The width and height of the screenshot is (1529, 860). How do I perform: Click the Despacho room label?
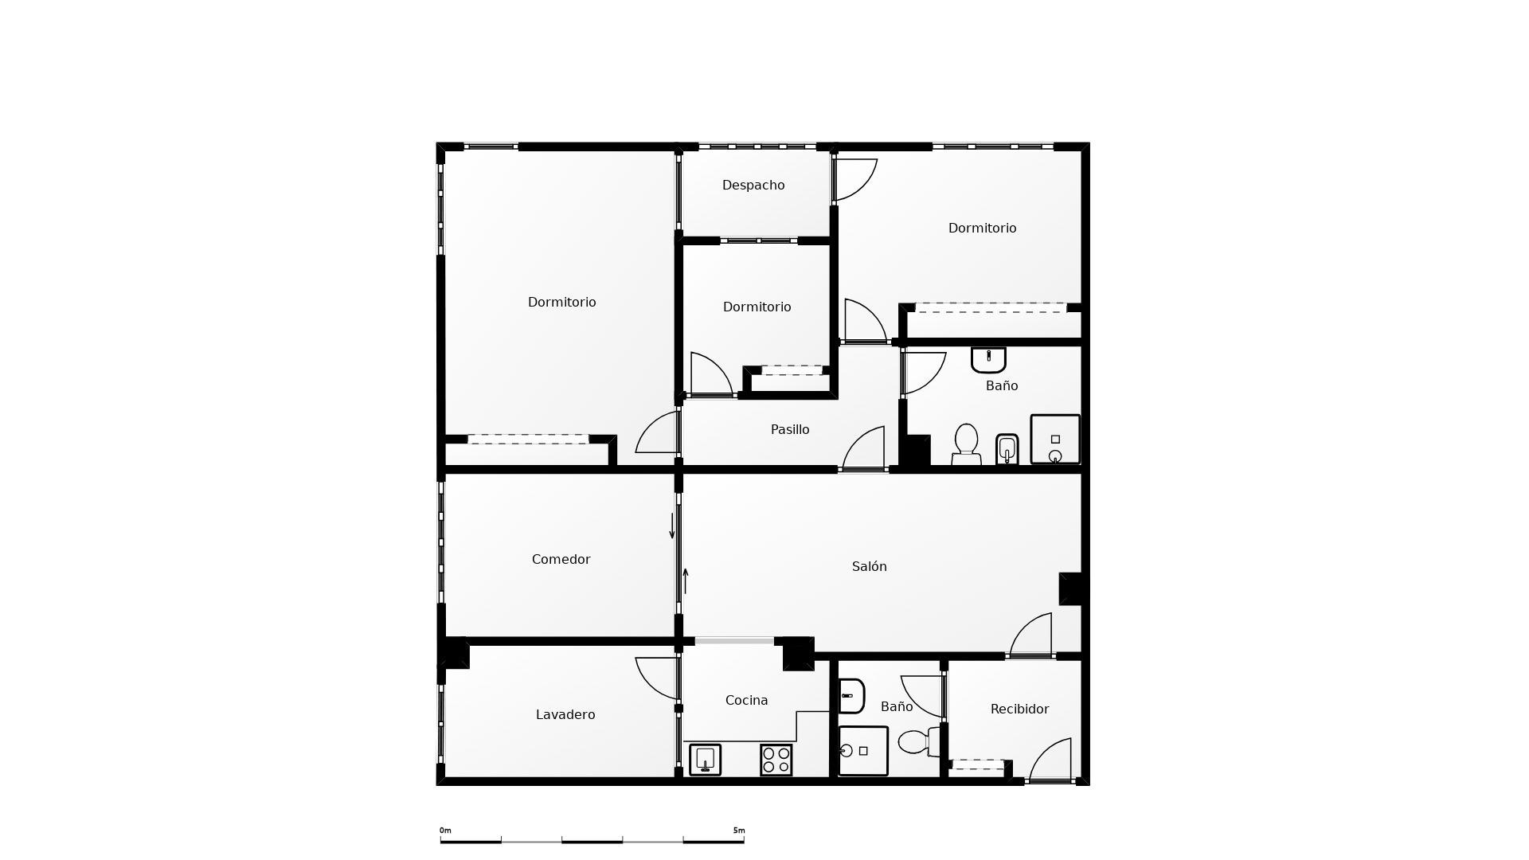[753, 186]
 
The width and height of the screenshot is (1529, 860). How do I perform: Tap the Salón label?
[869, 567]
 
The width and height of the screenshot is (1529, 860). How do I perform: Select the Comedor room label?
[561, 560]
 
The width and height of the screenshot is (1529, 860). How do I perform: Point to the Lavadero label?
[565, 715]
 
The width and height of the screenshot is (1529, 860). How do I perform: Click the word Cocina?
[746, 701]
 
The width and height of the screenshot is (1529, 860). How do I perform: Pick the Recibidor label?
[1019, 709]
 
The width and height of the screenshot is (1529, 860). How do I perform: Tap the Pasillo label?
[790, 430]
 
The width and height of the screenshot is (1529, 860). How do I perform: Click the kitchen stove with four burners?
[776, 760]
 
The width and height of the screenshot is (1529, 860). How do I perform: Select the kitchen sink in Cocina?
[705, 759]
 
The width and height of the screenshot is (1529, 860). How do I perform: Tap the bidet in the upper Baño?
[1007, 449]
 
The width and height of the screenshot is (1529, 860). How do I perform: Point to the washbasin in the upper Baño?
[988, 359]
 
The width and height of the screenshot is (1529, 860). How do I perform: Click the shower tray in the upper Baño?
[1055, 439]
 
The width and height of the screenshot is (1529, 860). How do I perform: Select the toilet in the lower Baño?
[919, 742]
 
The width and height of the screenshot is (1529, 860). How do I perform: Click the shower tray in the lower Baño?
[862, 750]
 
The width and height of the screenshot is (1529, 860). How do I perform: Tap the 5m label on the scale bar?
[739, 831]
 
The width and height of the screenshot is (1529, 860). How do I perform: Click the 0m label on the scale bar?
[445, 831]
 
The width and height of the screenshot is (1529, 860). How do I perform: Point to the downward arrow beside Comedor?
[672, 526]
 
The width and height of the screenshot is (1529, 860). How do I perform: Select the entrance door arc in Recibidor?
[1051, 760]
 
